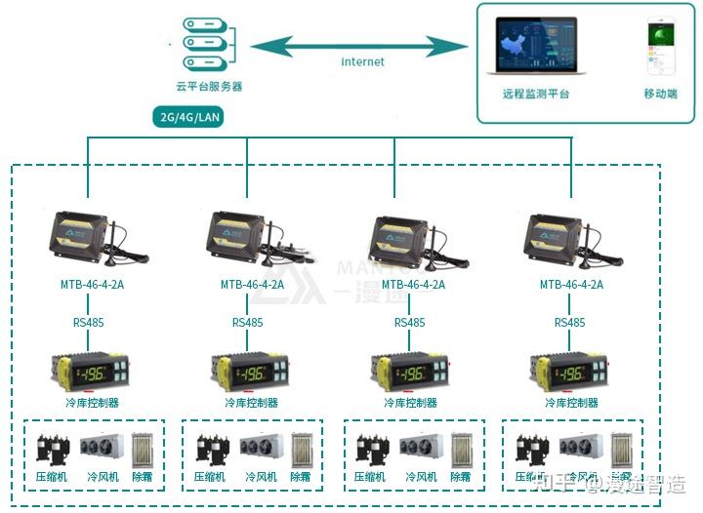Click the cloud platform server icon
(x=209, y=43)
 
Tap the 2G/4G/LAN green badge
(x=192, y=118)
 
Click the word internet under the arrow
(x=362, y=62)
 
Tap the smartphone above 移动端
(x=659, y=47)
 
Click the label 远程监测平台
(x=536, y=95)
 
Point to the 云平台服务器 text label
(x=209, y=87)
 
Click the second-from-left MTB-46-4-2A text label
(x=252, y=285)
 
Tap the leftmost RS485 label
(x=88, y=322)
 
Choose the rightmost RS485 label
(x=569, y=322)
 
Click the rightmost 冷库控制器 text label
(x=570, y=402)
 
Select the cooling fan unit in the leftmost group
(x=101, y=448)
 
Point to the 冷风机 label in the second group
(x=262, y=477)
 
